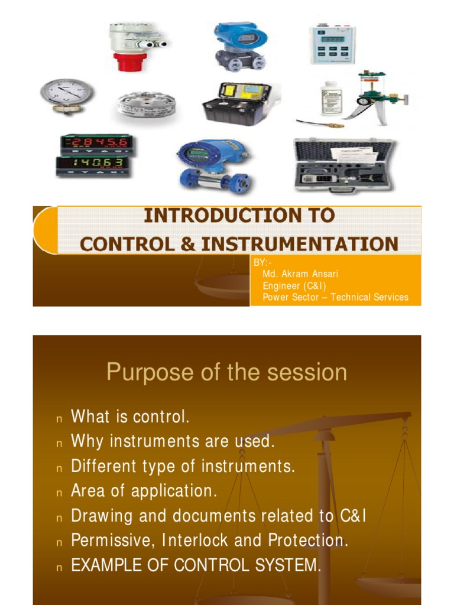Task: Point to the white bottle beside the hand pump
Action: point(331,98)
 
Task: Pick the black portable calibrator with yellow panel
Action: point(236,103)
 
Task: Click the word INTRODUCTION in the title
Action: point(239,216)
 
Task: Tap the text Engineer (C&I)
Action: point(294,286)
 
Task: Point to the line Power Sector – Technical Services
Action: point(335,297)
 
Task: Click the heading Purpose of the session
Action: point(226,372)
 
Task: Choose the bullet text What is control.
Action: point(130,417)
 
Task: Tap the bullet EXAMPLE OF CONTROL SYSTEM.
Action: point(196,565)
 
